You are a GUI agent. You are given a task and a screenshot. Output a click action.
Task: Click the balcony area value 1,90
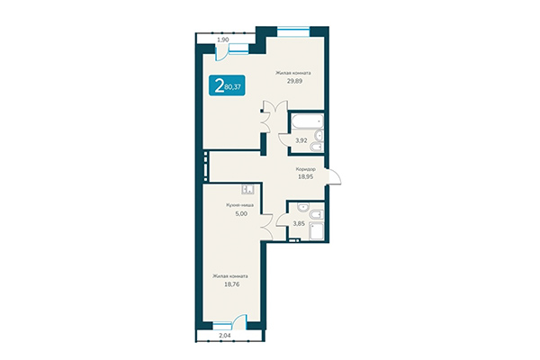coord(223,40)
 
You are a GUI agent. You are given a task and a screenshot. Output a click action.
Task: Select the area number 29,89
coord(294,80)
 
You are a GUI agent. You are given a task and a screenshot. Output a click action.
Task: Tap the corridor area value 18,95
coord(306,177)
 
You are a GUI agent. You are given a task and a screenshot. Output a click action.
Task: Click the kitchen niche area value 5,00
coord(239,213)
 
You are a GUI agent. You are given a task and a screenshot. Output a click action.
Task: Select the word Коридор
coord(306,168)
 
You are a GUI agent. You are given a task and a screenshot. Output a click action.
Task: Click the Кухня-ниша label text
coord(239,205)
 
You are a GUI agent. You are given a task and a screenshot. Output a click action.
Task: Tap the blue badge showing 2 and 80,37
coord(230,87)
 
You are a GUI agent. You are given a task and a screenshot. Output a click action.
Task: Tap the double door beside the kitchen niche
coord(267,227)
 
